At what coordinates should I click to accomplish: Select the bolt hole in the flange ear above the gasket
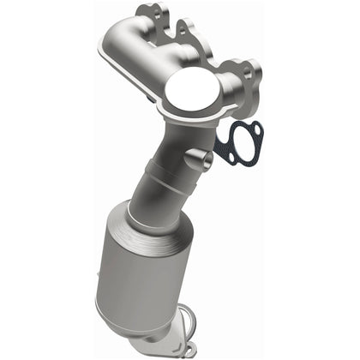(245, 71)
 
